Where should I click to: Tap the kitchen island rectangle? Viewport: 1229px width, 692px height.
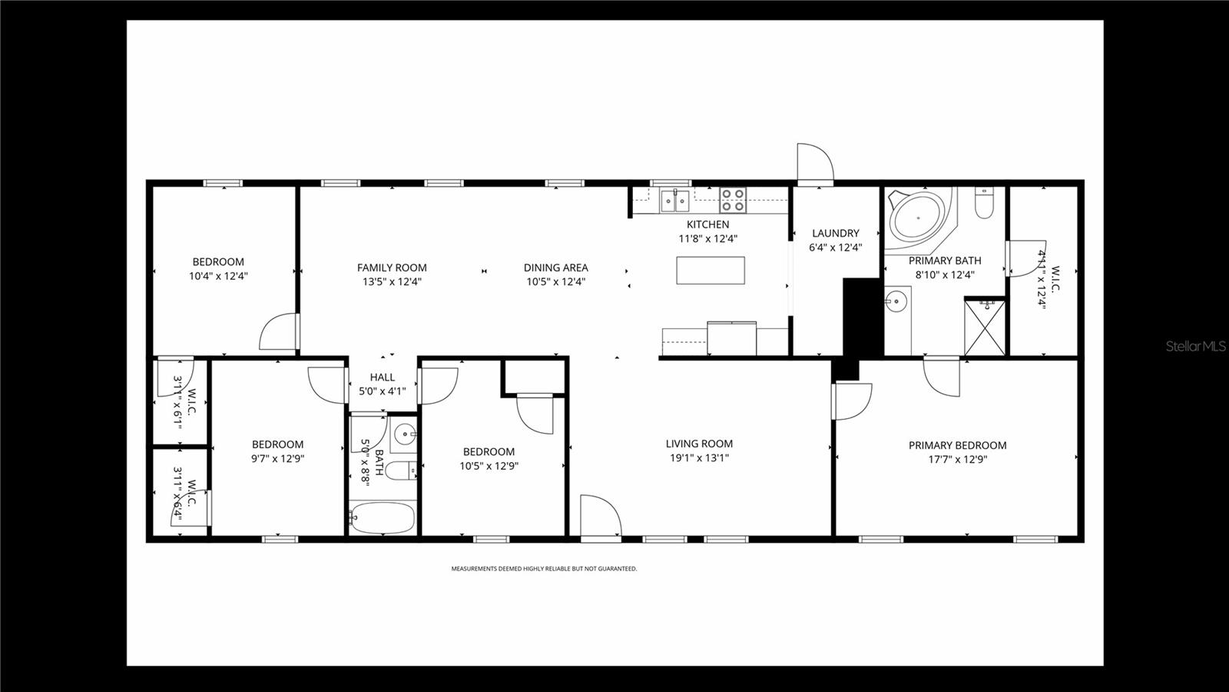[x=711, y=270]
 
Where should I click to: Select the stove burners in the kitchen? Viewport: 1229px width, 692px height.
[x=732, y=201]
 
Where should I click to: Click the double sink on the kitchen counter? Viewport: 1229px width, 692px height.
[x=675, y=201]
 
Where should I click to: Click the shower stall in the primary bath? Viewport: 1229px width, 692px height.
[x=985, y=327]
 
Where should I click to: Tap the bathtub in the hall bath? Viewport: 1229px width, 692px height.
[x=383, y=518]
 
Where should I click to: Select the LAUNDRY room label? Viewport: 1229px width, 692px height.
[x=836, y=233]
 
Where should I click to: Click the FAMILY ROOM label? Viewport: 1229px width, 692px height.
[x=392, y=268]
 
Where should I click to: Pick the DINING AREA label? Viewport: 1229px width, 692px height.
[x=556, y=268]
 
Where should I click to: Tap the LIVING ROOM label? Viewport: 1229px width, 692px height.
[x=699, y=444]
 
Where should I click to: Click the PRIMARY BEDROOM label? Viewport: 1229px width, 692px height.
[x=957, y=445]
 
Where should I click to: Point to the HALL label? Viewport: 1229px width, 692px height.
[x=383, y=378]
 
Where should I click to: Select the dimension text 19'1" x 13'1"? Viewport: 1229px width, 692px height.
[x=699, y=458]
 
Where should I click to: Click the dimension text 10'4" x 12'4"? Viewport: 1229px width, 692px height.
[x=218, y=275]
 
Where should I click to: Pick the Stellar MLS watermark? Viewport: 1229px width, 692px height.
[x=1196, y=347]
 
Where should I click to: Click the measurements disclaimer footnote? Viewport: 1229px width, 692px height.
[x=544, y=569]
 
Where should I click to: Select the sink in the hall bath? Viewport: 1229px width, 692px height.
[x=404, y=436]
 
